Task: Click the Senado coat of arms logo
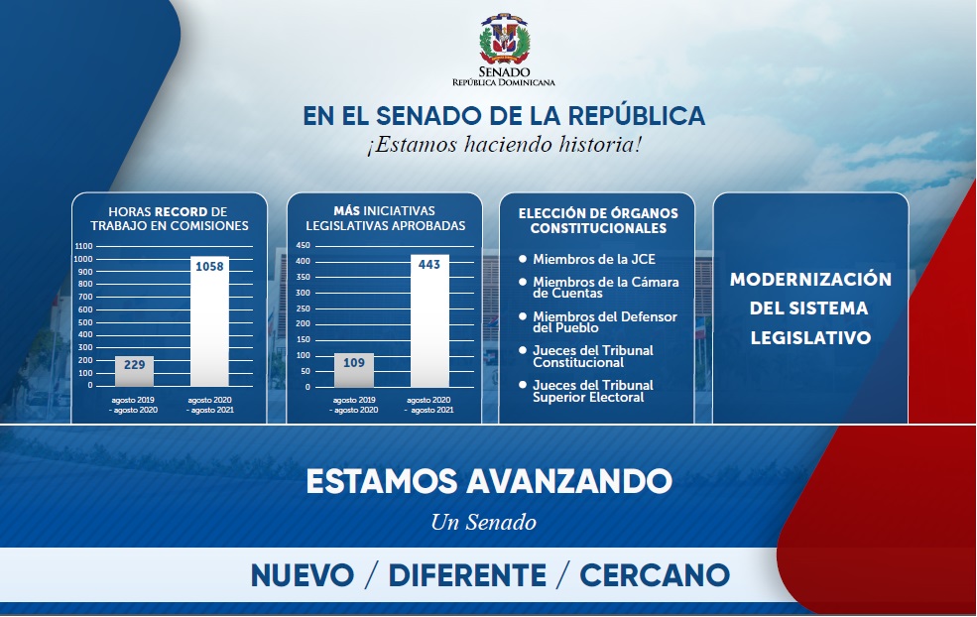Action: (x=504, y=38)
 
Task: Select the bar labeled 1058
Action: (x=209, y=321)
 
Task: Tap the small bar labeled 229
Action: (x=134, y=371)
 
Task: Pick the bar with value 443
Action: (x=429, y=320)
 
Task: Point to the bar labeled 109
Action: (x=354, y=370)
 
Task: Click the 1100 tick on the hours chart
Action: (x=83, y=246)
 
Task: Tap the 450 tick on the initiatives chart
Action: (x=304, y=246)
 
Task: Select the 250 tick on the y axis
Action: (x=304, y=308)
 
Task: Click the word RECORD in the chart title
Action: (x=182, y=212)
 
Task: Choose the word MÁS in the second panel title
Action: (x=346, y=210)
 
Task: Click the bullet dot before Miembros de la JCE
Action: (x=523, y=258)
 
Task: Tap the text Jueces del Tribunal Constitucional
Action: (x=592, y=356)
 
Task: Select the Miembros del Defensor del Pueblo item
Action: (x=604, y=322)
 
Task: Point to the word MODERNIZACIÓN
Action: (x=810, y=279)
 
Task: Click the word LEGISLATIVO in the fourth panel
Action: (x=810, y=338)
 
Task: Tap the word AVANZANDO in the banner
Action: (x=569, y=481)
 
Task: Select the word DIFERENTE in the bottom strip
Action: (x=467, y=575)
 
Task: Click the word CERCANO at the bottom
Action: (x=655, y=575)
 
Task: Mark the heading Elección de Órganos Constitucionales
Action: (x=598, y=220)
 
